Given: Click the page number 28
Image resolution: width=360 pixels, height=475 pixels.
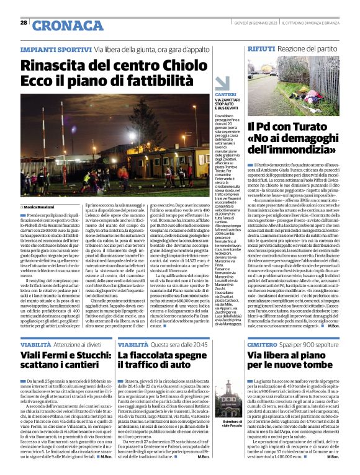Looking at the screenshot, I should pos(24,22).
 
